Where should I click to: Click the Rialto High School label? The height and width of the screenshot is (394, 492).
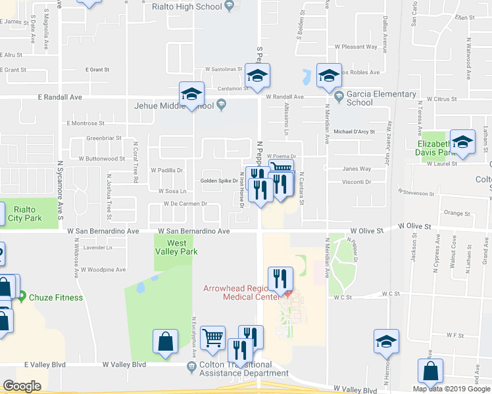click(187, 7)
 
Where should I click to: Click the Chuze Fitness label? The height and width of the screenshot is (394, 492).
click(55, 297)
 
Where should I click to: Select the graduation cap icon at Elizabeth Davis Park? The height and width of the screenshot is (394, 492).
click(462, 143)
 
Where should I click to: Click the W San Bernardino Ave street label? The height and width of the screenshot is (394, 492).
click(194, 231)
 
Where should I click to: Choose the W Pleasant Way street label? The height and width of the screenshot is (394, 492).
click(356, 47)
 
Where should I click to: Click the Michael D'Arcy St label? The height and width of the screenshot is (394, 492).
click(354, 131)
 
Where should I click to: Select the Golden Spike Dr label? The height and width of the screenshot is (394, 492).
click(220, 181)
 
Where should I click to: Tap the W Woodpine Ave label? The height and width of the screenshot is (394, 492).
click(102, 269)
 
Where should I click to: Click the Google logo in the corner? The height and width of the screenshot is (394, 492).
click(22, 386)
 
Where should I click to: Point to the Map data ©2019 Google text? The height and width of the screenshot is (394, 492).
click(451, 389)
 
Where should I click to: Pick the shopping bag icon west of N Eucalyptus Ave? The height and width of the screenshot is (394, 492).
click(164, 341)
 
